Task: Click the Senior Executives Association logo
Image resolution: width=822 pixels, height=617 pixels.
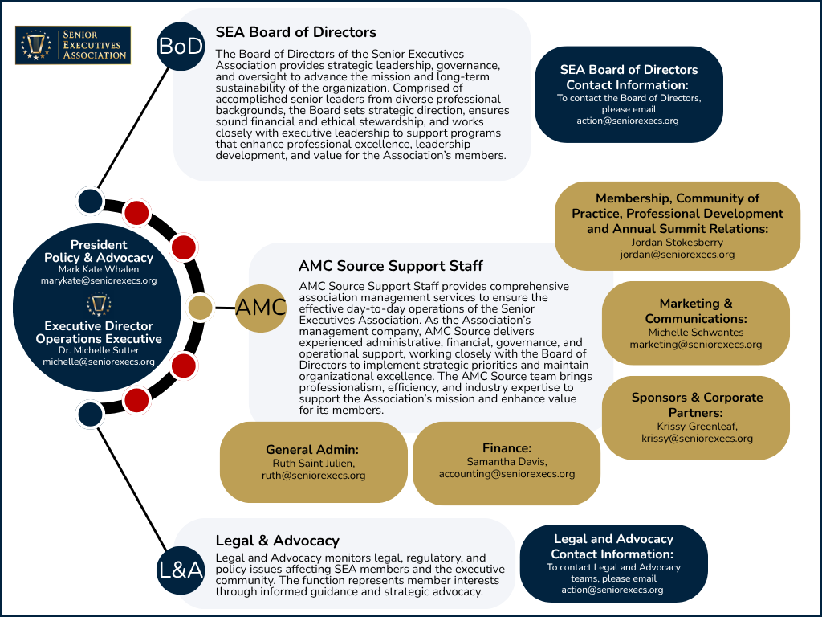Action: coord(73,45)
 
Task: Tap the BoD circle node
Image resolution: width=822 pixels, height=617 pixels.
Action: coord(181,46)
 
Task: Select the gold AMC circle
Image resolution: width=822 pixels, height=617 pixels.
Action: coord(261,308)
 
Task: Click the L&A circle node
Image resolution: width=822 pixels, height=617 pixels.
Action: coord(181,570)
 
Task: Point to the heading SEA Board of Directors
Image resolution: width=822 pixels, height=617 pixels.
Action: coord(295,32)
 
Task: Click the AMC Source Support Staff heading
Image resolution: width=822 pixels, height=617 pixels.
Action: coord(391,266)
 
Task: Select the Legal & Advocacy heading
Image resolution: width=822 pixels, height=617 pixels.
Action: coord(277,541)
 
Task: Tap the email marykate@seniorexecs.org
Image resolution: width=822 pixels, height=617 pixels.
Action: coord(99,280)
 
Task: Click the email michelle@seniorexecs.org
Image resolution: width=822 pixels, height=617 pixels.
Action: coord(99,362)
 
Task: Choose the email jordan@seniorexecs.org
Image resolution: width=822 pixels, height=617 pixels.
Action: coord(678,255)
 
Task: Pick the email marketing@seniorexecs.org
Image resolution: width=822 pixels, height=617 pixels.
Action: coord(696,345)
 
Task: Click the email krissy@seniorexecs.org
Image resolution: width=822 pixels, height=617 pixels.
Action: coord(697,439)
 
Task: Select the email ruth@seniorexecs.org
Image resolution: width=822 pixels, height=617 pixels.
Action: coord(314,476)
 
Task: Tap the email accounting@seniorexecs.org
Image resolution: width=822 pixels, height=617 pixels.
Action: coord(507,474)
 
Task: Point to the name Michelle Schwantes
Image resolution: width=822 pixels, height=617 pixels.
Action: coord(696,332)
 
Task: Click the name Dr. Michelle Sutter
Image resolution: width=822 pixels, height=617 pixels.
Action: coord(99,350)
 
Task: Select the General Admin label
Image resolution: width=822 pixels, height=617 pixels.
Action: coord(312,450)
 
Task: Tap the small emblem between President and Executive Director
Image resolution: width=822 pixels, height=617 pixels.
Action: coord(99,304)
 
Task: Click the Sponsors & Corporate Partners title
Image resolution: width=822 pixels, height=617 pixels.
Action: coord(697,405)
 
